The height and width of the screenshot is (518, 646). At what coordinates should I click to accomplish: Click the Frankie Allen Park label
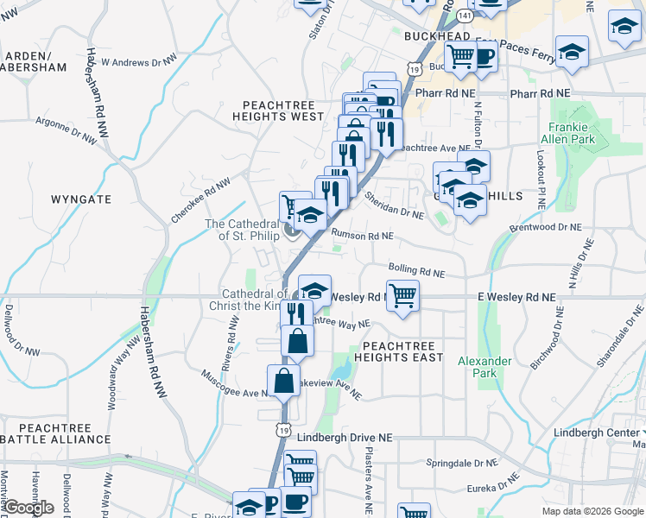568,132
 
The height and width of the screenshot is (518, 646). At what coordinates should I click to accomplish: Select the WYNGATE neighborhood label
81,199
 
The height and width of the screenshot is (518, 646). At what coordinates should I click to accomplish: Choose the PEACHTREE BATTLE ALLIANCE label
56,433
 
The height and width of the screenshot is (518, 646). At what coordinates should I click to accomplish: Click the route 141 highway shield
465,16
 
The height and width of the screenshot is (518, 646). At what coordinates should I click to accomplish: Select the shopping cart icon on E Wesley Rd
402,296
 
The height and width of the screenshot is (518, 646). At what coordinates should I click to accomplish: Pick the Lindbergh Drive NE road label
344,438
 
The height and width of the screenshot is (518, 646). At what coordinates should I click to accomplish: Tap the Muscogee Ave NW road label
233,386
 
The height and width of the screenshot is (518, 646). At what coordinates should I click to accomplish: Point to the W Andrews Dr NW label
139,62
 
